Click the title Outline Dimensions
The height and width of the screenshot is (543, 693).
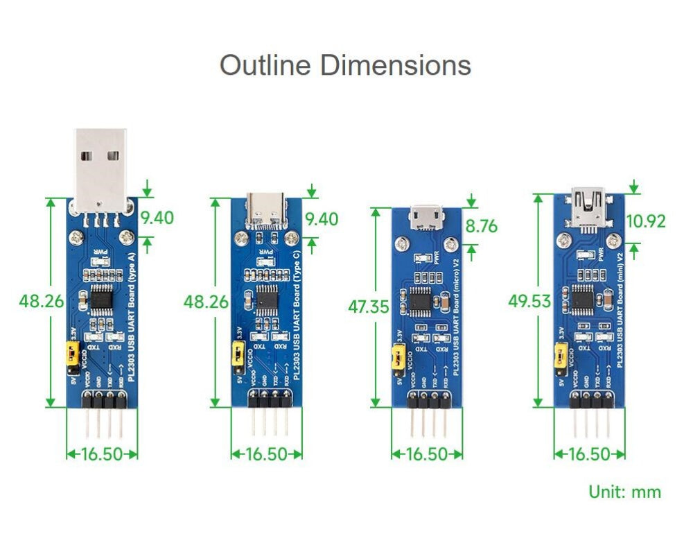tap(345, 66)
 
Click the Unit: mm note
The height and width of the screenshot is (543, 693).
tap(624, 492)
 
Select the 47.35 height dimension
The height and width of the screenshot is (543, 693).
tap(368, 307)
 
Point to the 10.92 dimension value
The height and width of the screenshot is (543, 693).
tap(645, 222)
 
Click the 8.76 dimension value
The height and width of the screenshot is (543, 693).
tap(481, 227)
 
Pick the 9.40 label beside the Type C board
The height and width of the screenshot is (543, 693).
tap(322, 220)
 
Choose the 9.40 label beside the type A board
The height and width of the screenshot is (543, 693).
tap(157, 218)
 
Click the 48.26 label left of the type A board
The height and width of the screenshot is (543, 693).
tap(41, 302)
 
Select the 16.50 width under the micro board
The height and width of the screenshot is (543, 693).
tap(426, 454)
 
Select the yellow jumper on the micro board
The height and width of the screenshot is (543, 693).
tap(398, 359)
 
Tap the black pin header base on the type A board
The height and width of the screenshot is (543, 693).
tap(102, 401)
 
